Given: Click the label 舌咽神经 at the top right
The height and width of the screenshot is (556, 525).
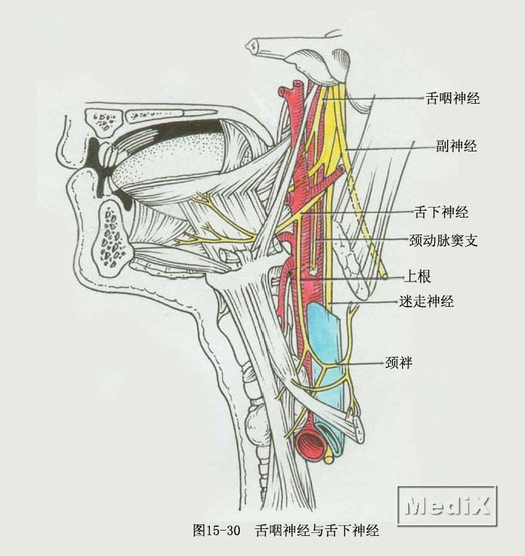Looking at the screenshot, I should coord(452,98).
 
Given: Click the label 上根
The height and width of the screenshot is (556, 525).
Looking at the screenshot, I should coord(421,277).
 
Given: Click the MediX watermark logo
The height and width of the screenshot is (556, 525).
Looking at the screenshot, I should coord(447,505).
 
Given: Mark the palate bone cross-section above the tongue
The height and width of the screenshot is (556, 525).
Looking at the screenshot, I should coord(107,120).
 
